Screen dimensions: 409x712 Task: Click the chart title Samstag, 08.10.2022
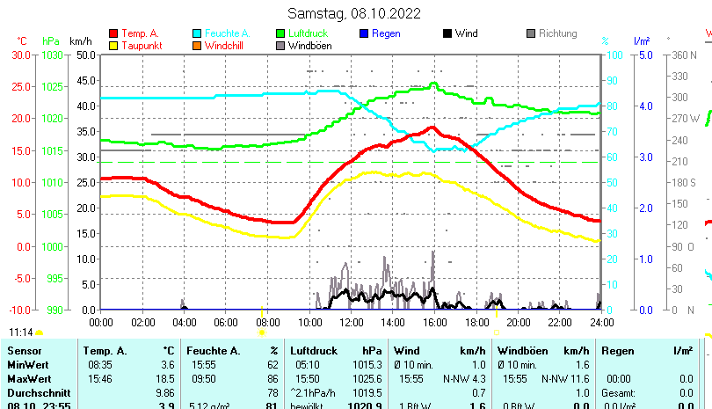pyautogui.click(x=354, y=13)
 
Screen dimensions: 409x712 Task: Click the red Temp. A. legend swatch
pyautogui.click(x=113, y=33)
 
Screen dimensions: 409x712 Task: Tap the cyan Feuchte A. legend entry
pyautogui.click(x=221, y=33)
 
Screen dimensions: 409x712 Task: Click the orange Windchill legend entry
pyautogui.click(x=225, y=46)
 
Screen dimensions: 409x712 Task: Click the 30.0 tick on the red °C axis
pyautogui.click(x=21, y=55)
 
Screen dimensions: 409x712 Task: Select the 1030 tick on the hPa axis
pyautogui.click(x=52, y=55)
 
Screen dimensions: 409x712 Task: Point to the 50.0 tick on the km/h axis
pyautogui.click(x=86, y=55)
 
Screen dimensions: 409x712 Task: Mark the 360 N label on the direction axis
pyautogui.click(x=685, y=55)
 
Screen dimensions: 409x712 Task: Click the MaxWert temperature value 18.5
pyautogui.click(x=165, y=378)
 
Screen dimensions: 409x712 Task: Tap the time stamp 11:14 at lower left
pyautogui.click(x=21, y=332)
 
